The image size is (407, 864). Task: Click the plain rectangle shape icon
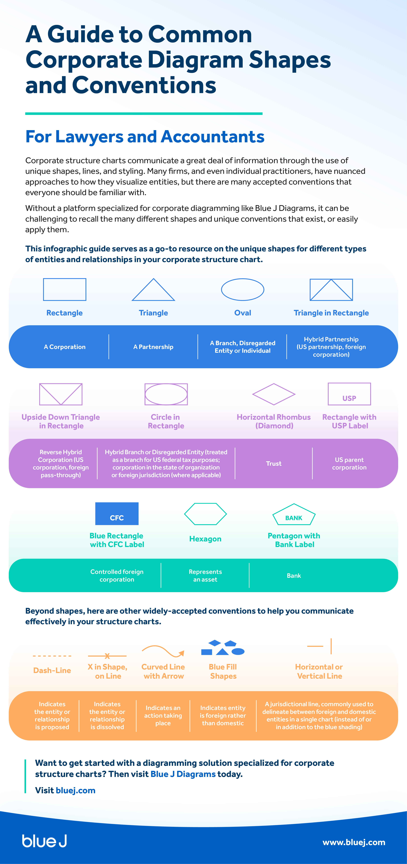[64, 289]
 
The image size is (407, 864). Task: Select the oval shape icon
[242, 289]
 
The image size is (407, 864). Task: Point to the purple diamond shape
[274, 394]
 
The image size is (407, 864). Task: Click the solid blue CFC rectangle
[117, 513]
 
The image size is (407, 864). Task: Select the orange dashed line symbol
[52, 656]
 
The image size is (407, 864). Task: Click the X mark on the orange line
[107, 656]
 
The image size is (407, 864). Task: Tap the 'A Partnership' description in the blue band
[153, 347]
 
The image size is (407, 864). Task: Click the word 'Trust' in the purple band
[274, 463]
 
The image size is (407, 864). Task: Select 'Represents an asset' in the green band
[205, 576]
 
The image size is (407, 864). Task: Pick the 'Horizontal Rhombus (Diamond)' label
[274, 421]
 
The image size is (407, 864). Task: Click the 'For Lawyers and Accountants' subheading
[145, 136]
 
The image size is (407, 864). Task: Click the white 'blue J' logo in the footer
[44, 841]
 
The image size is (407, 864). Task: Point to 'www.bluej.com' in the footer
[354, 842]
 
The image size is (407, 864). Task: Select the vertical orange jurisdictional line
[331, 646]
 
